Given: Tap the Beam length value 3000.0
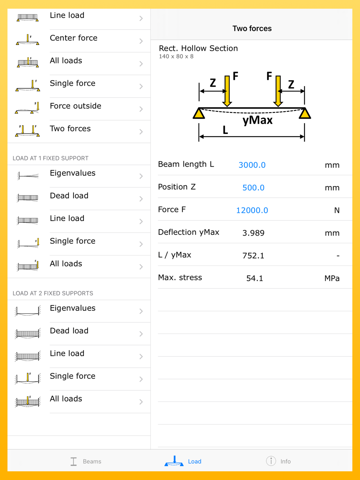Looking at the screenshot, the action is (x=252, y=165).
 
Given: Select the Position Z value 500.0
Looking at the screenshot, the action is (x=253, y=187).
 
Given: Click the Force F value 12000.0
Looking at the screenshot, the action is (x=252, y=210).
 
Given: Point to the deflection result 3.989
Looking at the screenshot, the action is (x=253, y=233).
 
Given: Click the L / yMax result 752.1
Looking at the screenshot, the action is (x=253, y=255).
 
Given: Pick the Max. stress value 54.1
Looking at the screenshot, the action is (x=255, y=278).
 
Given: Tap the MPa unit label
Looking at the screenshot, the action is (x=332, y=279).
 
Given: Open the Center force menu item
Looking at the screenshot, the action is (x=73, y=38).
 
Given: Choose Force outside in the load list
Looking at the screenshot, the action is (x=76, y=106).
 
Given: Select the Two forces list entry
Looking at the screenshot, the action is (x=70, y=128).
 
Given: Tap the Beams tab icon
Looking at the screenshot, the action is (x=74, y=461).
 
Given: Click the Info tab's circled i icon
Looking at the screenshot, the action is (x=271, y=461).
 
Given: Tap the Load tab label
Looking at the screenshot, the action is (x=194, y=461).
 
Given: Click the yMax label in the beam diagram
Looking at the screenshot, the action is (x=257, y=120).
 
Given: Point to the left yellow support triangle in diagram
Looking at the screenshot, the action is (x=199, y=113).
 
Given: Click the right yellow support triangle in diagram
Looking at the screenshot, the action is (x=305, y=113).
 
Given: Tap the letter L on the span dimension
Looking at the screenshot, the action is (x=225, y=130).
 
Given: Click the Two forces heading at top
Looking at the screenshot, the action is (x=252, y=28).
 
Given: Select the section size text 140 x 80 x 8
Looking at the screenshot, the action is (x=176, y=56).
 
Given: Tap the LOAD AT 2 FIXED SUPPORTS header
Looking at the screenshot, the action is (x=53, y=293).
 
